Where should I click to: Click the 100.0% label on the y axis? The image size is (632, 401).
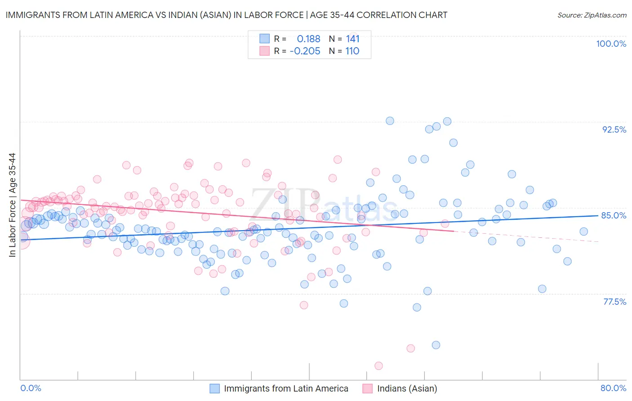click(611, 44)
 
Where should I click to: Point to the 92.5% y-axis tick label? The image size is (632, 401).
click(614, 129)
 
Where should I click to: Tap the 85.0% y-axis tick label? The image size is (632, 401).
click(614, 215)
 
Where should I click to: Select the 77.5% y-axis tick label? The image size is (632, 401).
click(614, 302)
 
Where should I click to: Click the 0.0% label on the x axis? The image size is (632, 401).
click(31, 388)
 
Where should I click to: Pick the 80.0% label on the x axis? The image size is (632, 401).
click(613, 388)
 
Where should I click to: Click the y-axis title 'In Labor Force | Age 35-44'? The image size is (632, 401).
click(12, 205)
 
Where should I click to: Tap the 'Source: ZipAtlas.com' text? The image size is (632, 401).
click(592, 15)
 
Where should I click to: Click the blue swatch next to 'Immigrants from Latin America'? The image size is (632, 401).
click(214, 388)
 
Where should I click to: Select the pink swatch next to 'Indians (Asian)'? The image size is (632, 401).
click(368, 388)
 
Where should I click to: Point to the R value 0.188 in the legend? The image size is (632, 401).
click(308, 39)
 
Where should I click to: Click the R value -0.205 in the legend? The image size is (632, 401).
click(305, 51)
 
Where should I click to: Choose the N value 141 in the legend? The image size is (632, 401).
click(352, 39)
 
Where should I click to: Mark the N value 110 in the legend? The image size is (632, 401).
click(352, 51)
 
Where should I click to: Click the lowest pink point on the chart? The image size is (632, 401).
click(378, 366)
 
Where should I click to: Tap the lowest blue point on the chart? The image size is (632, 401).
click(436, 345)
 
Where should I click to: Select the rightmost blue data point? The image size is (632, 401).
click(583, 232)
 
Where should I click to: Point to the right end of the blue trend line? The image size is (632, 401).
click(598, 216)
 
